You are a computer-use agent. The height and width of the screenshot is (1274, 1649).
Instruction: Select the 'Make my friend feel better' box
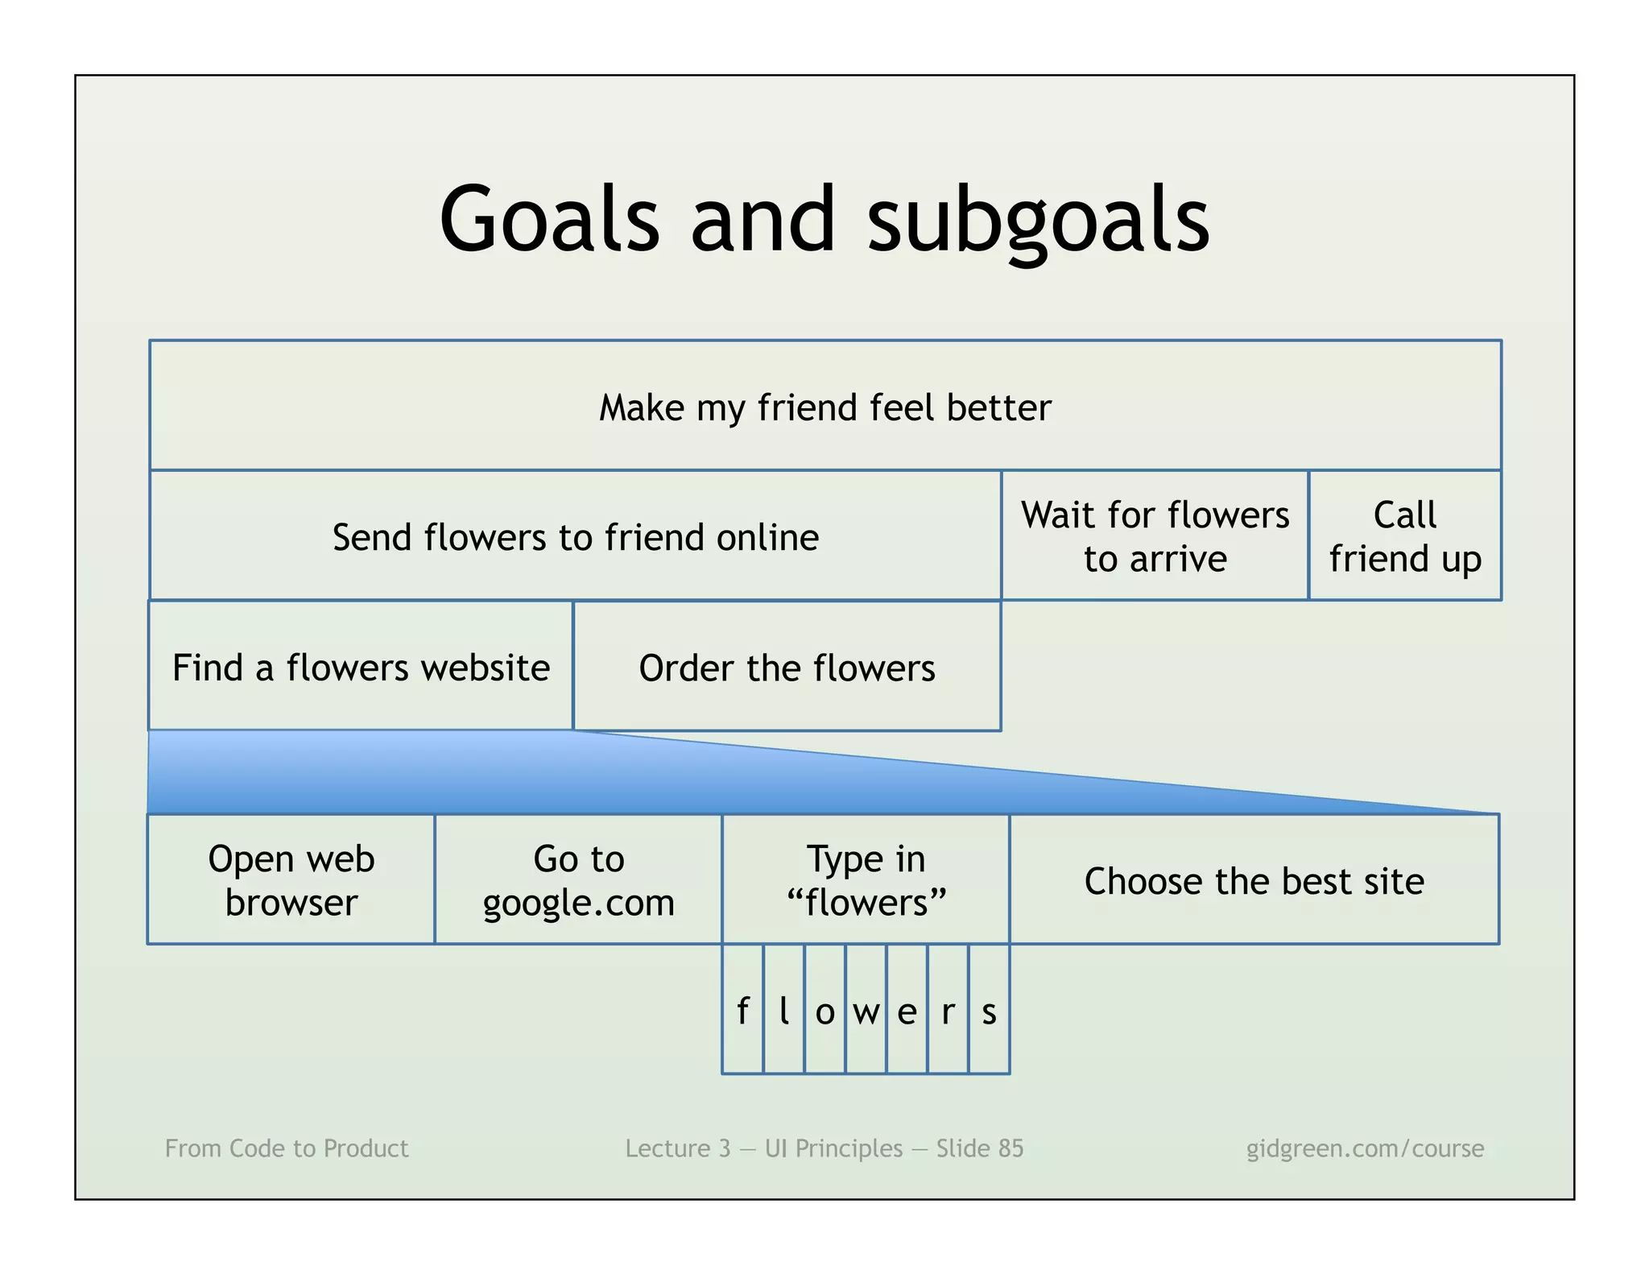[x=824, y=406]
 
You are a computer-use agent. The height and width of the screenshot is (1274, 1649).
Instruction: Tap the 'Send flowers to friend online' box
[x=575, y=536]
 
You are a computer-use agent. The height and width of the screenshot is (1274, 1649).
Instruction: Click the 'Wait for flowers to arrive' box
[x=1155, y=536]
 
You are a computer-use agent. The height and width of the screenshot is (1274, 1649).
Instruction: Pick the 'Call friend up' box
[x=1404, y=536]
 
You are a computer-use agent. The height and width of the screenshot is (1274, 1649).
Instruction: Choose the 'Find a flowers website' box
[x=361, y=667]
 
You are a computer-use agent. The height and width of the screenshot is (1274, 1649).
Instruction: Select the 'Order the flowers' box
[x=787, y=667]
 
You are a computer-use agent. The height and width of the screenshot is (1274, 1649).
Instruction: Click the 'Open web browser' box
[x=291, y=879]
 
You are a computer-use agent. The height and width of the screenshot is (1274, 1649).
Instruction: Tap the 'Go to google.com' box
[x=578, y=879]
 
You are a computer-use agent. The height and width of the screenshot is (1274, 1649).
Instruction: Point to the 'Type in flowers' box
[x=866, y=879]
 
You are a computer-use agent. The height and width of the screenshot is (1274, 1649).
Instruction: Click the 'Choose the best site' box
[x=1254, y=879]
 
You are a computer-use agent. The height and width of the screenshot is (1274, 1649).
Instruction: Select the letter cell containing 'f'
[x=742, y=1010]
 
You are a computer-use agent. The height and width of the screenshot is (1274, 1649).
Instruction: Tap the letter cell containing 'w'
[x=866, y=1010]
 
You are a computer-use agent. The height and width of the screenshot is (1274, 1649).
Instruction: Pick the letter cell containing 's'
[x=989, y=1010]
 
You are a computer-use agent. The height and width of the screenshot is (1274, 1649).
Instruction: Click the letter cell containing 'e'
[x=907, y=1010]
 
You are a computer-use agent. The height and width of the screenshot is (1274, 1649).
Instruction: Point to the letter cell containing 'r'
[x=948, y=1010]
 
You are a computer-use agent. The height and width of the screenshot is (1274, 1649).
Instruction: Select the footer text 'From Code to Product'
[x=287, y=1148]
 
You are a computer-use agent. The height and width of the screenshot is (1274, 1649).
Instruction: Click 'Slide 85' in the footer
[x=979, y=1148]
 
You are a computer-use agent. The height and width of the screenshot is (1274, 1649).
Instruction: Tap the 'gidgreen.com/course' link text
[x=1365, y=1148]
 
